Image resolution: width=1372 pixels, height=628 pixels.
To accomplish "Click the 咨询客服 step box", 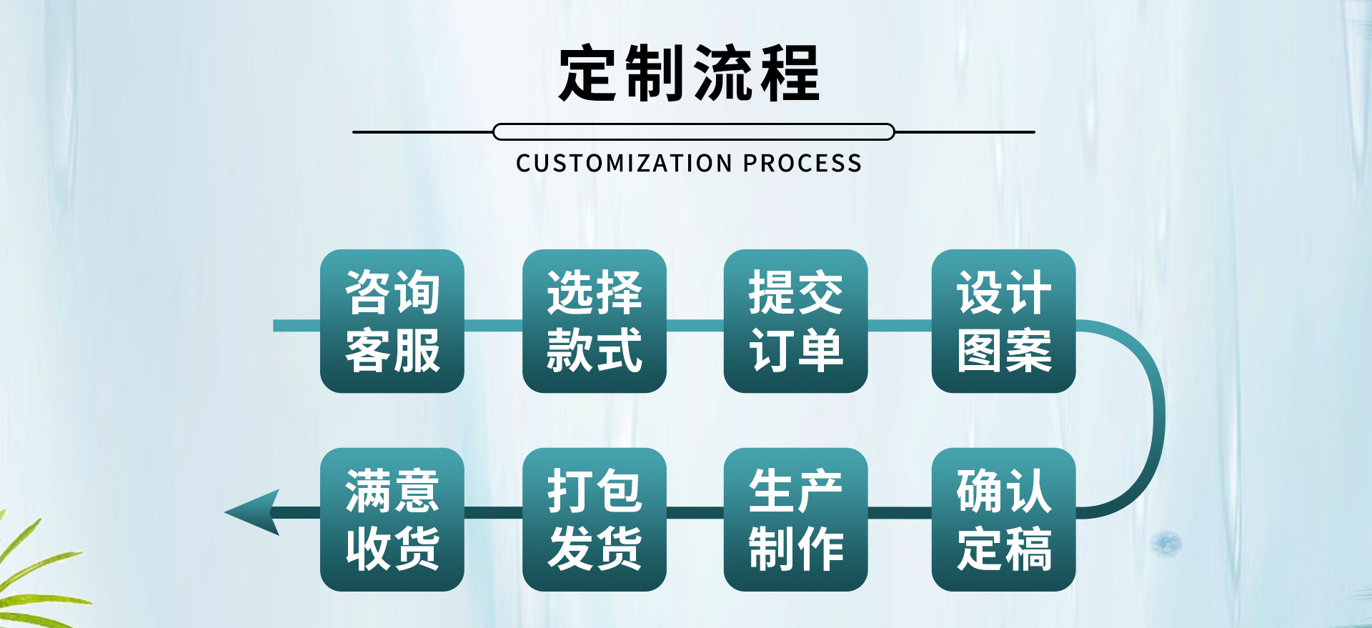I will tap(392, 321).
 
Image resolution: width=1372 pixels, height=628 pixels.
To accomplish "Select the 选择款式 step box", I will tap(594, 321).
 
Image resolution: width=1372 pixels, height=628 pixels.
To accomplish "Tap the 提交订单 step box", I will tap(795, 321).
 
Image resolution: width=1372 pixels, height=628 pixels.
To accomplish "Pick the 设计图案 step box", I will tap(1003, 321).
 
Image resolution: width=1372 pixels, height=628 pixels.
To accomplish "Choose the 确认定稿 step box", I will tap(1003, 519).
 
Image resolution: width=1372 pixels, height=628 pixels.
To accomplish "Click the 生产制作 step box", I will tap(795, 519).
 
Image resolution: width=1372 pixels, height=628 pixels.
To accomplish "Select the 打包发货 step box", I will tap(594, 519).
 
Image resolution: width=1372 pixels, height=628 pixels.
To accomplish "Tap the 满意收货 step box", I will tap(392, 519).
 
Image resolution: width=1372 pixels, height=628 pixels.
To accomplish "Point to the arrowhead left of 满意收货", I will tap(254, 512).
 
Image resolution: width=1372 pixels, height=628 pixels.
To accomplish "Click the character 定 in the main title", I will tap(587, 73).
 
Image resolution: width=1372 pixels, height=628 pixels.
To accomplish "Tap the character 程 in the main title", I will tap(790, 73).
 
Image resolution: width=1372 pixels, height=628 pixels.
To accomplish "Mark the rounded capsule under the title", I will tap(693, 132).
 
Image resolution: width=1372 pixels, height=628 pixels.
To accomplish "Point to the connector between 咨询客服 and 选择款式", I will tap(493, 326).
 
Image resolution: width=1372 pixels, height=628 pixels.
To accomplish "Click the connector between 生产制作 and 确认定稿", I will tap(899, 512).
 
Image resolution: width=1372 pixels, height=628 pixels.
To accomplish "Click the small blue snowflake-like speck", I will tap(1165, 544).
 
